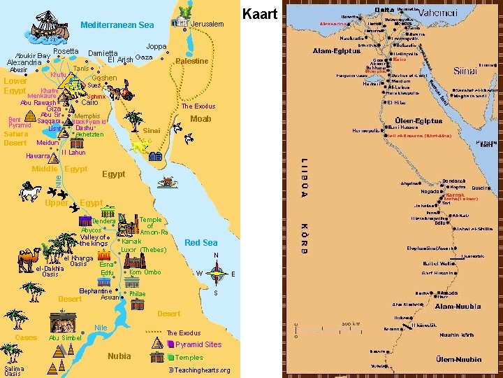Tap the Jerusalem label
(207, 24)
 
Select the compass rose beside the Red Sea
(218, 272)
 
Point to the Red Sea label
(201, 243)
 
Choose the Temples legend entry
(189, 358)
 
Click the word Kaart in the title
(259, 13)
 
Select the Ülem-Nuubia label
(456, 359)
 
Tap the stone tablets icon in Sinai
(156, 157)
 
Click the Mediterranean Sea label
(117, 25)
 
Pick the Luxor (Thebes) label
(143, 250)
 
